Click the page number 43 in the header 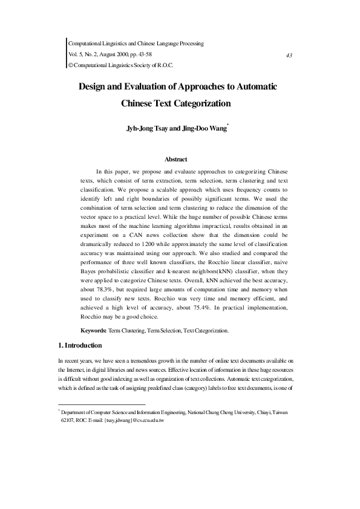click(289, 55)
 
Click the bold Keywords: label click(94, 331)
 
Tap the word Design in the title click(95, 86)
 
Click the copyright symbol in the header click(70, 65)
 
